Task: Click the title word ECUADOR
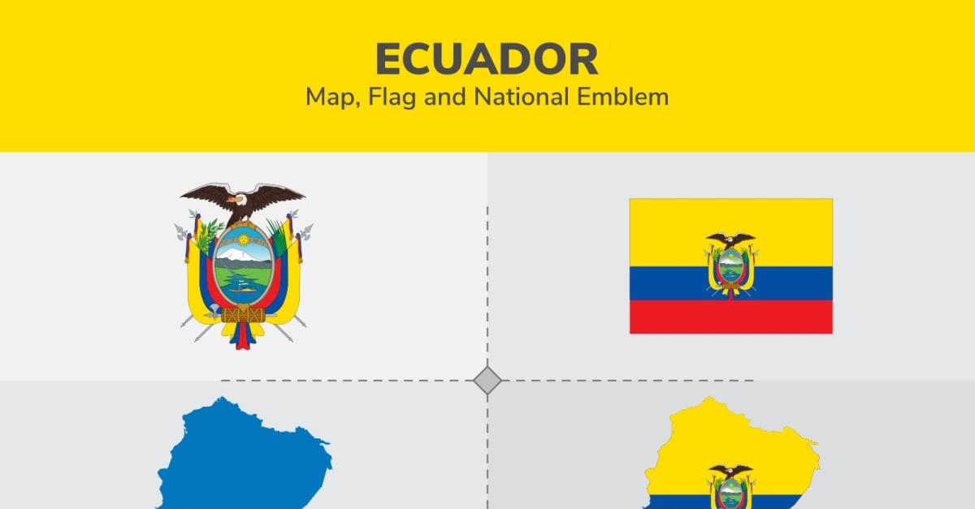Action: click(487, 59)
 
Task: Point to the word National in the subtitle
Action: click(522, 96)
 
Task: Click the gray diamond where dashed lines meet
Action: click(487, 380)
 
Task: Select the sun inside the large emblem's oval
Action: click(243, 239)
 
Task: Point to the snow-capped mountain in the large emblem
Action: click(242, 255)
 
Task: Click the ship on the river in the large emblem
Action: click(243, 288)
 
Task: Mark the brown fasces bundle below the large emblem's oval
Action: click(243, 314)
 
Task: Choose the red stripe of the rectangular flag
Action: click(731, 317)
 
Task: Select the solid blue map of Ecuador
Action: click(244, 453)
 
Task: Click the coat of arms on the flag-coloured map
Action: click(730, 487)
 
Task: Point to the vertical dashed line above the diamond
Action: click(487, 287)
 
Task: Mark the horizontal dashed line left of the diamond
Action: click(347, 380)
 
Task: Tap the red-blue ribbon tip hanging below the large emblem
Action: click(243, 337)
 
